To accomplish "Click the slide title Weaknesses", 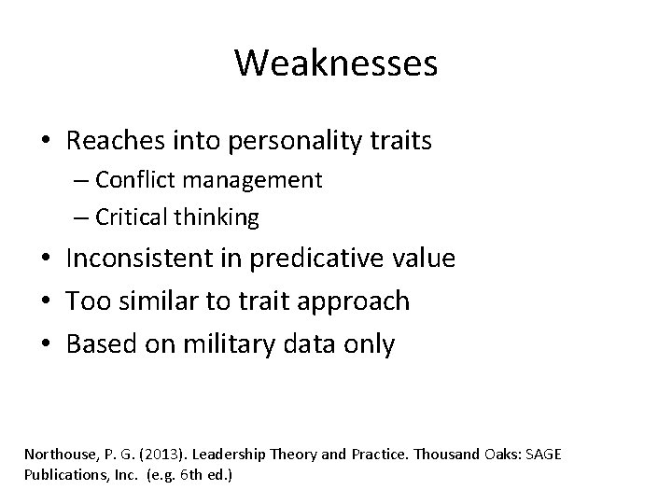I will coord(336,63).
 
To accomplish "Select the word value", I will coord(425,258).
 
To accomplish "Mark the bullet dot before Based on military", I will coord(46,344).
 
